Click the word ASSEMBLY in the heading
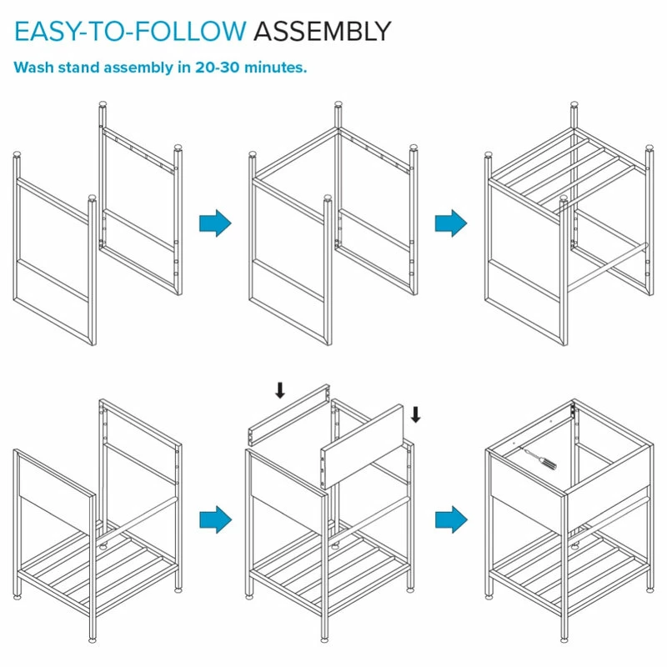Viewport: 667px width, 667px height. [322, 32]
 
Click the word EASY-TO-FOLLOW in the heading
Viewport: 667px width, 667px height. [131, 32]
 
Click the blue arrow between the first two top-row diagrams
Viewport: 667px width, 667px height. [215, 223]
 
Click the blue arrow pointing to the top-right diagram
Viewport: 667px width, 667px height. [451, 223]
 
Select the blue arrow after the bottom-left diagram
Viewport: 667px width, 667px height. [215, 519]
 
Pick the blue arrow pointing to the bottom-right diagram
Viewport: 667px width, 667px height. [451, 519]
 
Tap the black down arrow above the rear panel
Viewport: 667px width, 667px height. [280, 390]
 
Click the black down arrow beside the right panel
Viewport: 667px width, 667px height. [415, 414]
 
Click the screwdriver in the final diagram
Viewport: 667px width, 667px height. [538, 459]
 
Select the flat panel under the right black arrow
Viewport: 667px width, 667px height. [362, 446]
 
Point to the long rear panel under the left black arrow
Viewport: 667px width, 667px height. [289, 413]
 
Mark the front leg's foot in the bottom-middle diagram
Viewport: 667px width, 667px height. [325, 639]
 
